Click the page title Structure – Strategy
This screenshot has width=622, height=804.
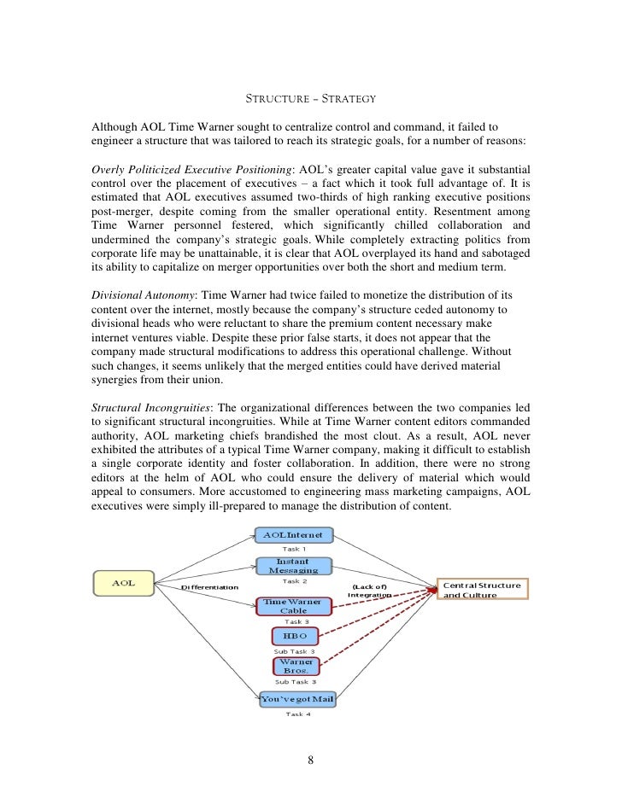coord(310,100)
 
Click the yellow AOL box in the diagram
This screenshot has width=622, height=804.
coord(125,584)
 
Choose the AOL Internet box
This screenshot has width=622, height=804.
coord(294,535)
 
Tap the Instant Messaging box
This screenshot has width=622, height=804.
coord(293,566)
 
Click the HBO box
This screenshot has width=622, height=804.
coord(294,636)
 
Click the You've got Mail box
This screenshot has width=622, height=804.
coord(296,699)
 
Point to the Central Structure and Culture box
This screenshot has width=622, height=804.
coord(483,590)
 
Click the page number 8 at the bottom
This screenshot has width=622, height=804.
coord(311,760)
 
